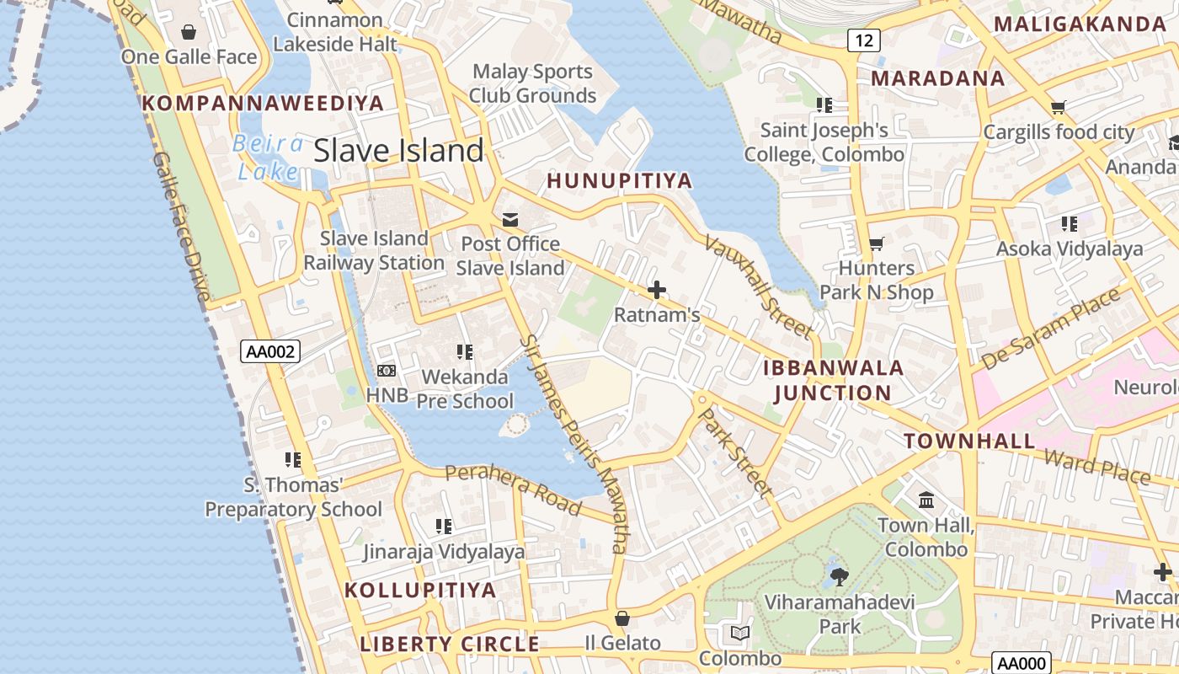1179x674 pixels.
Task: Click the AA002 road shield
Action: tap(270, 351)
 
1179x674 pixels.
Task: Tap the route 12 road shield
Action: tap(865, 40)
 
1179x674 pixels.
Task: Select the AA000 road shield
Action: tap(1022, 663)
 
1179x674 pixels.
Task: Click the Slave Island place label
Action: tap(398, 151)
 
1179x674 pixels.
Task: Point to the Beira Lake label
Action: tap(268, 158)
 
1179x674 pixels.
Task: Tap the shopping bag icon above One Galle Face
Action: tap(189, 32)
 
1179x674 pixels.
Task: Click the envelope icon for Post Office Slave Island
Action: tap(510, 220)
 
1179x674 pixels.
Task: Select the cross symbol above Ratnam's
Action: tap(657, 291)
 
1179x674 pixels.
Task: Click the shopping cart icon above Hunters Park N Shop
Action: tap(877, 244)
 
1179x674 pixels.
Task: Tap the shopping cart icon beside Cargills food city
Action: tap(1059, 108)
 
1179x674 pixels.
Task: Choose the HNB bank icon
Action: tap(387, 371)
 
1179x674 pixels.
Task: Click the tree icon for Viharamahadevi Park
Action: tap(839, 577)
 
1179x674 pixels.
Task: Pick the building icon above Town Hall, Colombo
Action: tap(926, 500)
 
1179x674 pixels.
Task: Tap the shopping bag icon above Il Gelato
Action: tap(622, 618)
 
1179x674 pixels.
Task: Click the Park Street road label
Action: tap(736, 452)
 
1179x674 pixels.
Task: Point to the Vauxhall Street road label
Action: tap(758, 286)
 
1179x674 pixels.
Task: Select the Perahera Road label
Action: tap(513, 489)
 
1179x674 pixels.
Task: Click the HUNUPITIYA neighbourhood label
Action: tap(620, 180)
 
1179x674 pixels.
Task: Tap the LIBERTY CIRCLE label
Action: tap(450, 645)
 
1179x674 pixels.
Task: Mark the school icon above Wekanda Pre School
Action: tap(464, 351)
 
